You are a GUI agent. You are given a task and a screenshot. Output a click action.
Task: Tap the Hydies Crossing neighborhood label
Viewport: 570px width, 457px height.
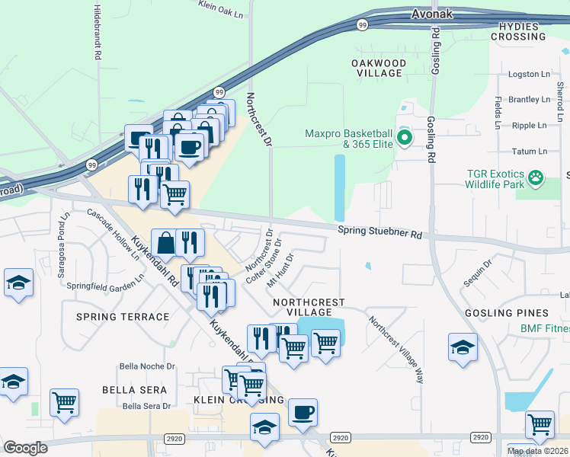[x=522, y=31]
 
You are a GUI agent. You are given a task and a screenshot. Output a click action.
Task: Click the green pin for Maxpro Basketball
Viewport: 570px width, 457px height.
[x=405, y=139]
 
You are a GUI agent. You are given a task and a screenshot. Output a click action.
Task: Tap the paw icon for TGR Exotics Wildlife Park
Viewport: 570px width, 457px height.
[x=537, y=177]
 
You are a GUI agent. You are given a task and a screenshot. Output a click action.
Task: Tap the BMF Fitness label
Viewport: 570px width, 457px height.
[x=545, y=329]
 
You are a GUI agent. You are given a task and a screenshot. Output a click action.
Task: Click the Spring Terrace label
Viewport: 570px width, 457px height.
[x=122, y=316]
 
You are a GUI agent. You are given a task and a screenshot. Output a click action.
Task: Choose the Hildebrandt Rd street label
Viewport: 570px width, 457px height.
[x=98, y=30]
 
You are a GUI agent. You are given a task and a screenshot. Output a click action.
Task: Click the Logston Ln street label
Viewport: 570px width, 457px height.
[x=529, y=75]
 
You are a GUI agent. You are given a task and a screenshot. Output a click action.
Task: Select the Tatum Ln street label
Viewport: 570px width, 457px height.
[x=532, y=152]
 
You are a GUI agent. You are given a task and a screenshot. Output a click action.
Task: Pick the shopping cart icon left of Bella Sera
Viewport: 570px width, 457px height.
[x=64, y=401]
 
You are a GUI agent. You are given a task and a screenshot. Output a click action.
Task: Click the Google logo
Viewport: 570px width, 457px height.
[x=25, y=448]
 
